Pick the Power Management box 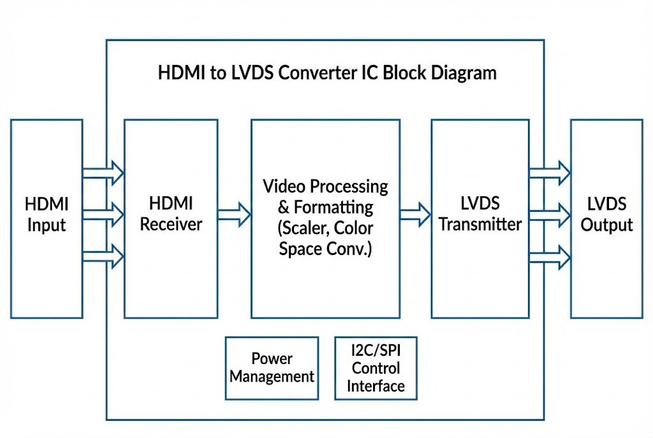point(272,368)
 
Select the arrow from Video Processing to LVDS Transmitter point(416,214)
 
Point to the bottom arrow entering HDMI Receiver point(103,256)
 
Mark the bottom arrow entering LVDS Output point(550,256)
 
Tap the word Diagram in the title point(460,73)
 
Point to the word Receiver point(171,224)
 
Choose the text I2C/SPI point(376,351)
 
